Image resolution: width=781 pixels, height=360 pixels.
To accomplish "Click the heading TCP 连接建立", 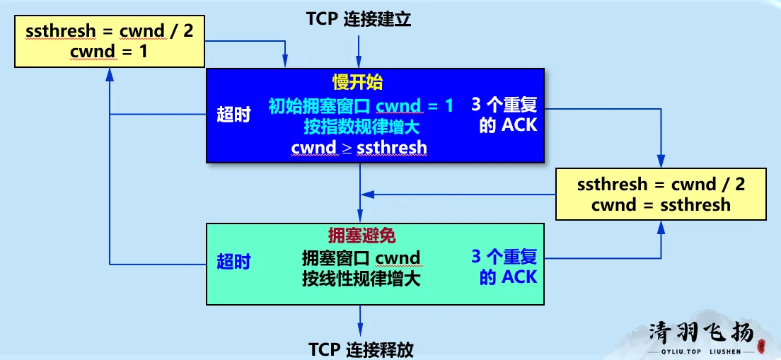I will click(359, 19).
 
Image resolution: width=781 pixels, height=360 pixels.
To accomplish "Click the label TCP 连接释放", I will click(361, 350).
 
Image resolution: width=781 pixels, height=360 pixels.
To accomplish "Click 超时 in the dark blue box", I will click(234, 115).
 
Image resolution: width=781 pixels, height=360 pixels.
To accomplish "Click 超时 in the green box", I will click(234, 262).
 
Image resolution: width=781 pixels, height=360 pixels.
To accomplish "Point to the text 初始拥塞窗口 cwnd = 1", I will click(361, 106).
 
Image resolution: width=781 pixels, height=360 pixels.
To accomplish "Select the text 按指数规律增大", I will click(361, 127).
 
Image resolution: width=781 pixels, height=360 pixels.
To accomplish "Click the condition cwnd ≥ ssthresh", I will click(359, 148).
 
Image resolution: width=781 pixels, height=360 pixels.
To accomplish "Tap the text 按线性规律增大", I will click(361, 279).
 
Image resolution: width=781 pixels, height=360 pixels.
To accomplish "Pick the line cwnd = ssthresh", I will click(661, 205).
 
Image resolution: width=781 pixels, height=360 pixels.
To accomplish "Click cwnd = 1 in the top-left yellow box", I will click(109, 51).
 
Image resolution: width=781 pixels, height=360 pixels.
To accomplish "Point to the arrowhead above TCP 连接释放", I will click(360, 330).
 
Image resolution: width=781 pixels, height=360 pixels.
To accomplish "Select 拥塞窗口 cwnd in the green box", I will click(361, 258).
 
